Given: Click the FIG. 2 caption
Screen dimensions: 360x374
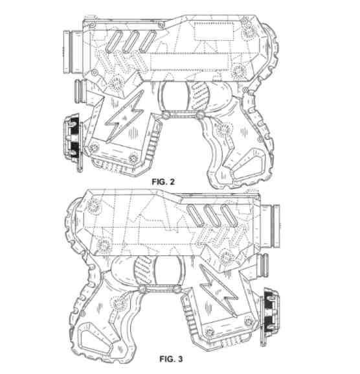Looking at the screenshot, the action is (x=163, y=181).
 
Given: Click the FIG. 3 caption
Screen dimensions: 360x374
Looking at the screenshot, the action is (x=171, y=358).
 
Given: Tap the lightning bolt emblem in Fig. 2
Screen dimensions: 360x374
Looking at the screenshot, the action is (x=124, y=117).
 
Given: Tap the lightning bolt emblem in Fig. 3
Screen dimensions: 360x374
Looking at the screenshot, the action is (x=218, y=291).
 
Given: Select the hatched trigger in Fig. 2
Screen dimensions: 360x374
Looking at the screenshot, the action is (x=199, y=96).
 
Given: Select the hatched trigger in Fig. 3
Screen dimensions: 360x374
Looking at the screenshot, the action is (x=144, y=270).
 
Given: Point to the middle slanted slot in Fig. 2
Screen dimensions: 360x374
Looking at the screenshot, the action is (x=131, y=41).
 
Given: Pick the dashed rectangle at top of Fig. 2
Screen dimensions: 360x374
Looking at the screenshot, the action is (x=214, y=31).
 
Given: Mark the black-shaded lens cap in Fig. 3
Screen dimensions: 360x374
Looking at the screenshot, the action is (x=271, y=312).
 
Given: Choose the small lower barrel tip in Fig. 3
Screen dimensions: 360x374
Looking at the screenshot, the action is (x=264, y=266).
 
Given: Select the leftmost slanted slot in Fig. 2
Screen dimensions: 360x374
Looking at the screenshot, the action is (x=113, y=41).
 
